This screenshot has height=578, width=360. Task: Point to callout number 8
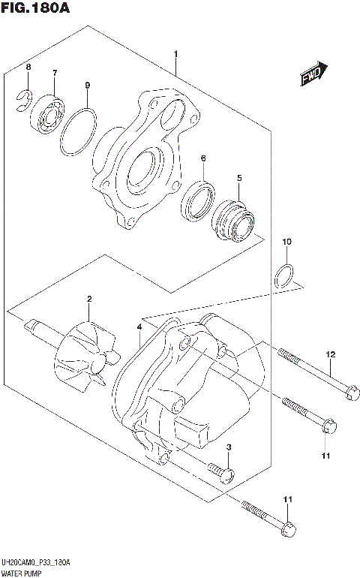[x=28, y=68]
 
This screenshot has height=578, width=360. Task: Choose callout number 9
[x=87, y=86]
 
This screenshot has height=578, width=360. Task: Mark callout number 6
[x=202, y=158]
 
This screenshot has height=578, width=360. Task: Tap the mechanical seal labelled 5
[x=233, y=217]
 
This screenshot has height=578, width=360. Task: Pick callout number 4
[x=139, y=328]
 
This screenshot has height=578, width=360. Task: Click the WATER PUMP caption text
[x=24, y=572]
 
